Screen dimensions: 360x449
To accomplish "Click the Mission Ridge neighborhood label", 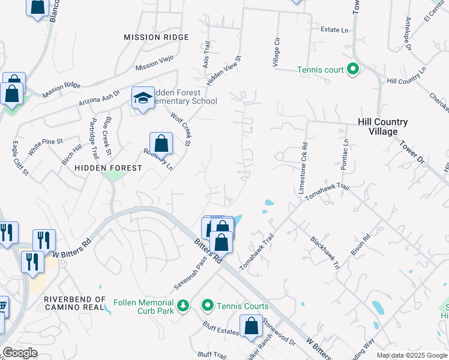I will [156, 37].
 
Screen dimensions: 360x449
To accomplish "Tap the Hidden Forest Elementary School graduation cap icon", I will [143, 98].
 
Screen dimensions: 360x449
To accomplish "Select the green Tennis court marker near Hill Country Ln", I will [353, 70].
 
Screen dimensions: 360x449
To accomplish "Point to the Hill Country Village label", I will [382, 127].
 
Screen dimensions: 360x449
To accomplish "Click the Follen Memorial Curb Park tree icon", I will [184, 306].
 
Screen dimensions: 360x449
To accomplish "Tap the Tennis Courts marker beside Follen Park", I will [208, 306].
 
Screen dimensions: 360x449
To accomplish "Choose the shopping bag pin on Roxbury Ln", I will [161, 144].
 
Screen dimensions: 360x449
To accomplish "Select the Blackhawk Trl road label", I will [325, 252].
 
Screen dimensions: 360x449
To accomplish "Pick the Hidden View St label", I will [224, 72].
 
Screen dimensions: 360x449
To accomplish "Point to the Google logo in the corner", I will [19, 353].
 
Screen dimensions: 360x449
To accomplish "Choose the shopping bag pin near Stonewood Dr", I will [252, 327].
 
